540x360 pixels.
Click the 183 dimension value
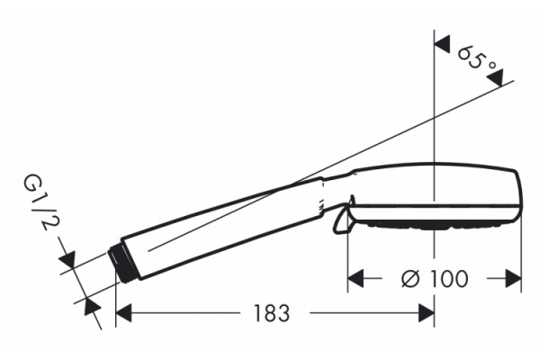pos(272,313)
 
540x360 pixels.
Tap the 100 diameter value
pos(449,278)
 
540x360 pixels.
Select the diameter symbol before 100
pos(410,278)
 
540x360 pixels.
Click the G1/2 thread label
pos(40,202)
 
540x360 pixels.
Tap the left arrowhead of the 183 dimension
pos(123,313)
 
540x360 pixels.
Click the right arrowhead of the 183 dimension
pos(427,313)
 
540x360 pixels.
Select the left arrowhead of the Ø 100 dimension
pos(355,278)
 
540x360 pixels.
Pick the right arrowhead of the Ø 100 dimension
pos(513,278)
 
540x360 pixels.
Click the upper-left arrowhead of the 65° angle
pos(442,44)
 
